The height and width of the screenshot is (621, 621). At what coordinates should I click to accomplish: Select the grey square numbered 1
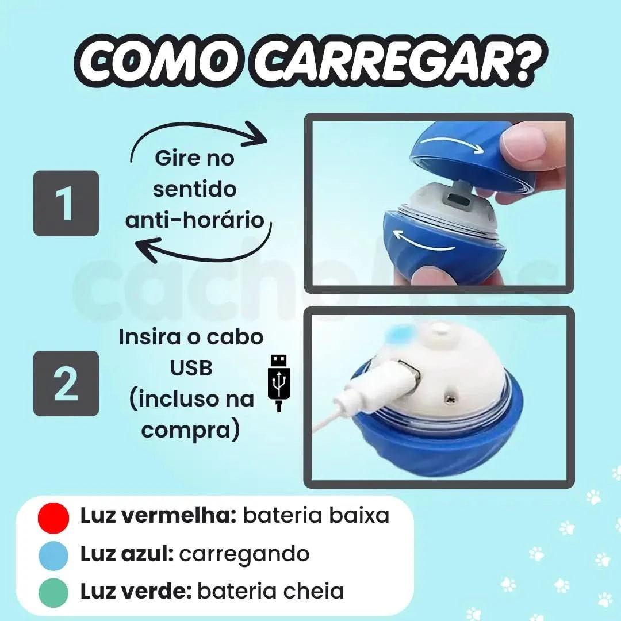coord(66,203)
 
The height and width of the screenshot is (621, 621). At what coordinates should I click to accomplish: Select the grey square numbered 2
coord(66,383)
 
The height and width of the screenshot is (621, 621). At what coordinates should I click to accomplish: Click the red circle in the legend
coord(53,516)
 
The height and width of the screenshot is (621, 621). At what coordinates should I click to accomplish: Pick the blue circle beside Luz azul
coord(53,554)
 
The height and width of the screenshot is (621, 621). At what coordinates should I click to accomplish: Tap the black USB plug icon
coord(278,383)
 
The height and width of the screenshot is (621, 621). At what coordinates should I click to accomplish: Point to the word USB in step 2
coord(191,368)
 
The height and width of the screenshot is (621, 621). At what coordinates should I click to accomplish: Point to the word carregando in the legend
coord(244,554)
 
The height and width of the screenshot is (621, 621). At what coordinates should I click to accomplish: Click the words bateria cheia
coord(270,591)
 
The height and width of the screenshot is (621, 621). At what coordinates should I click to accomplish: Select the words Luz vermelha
coord(159,516)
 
